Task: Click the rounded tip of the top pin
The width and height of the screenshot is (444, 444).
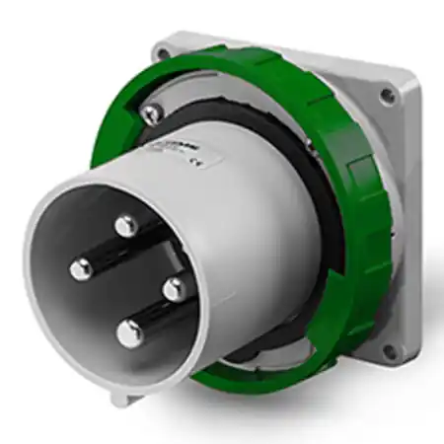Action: [x=125, y=226]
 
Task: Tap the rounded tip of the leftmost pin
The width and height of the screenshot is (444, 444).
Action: [x=80, y=267]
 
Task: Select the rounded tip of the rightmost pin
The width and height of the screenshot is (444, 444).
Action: [x=174, y=289]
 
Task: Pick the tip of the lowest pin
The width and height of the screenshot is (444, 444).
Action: [x=129, y=333]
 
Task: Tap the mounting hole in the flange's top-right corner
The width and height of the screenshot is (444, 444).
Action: [x=389, y=95]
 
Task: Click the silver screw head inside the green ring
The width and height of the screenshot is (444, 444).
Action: [x=151, y=115]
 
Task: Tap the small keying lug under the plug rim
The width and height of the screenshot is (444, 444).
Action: [x=119, y=398]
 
